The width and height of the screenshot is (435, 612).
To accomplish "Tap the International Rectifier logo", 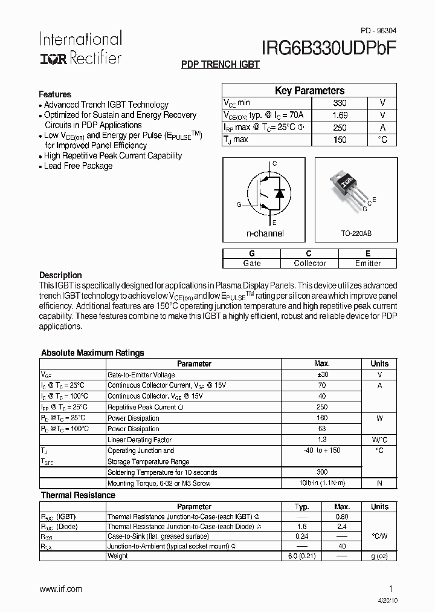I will (x=80, y=48).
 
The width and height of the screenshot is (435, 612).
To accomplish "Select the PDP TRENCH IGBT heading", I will (x=221, y=65).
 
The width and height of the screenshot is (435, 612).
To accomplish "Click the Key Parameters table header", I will (x=309, y=91).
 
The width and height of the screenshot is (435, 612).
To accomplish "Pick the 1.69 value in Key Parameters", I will (x=340, y=115).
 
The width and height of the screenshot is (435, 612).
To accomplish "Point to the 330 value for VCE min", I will (x=340, y=103).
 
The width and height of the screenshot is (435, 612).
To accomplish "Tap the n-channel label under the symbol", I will (x=265, y=233).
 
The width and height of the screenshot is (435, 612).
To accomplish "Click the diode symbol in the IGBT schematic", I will (x=279, y=192).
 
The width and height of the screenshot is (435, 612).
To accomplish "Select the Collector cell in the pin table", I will (x=309, y=263).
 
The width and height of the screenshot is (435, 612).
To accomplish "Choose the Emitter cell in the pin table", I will (x=368, y=263).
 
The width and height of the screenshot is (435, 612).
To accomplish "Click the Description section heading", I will (x=60, y=275).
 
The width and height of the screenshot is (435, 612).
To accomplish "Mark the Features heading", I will (x=55, y=94).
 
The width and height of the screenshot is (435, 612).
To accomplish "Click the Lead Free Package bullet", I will (x=78, y=166).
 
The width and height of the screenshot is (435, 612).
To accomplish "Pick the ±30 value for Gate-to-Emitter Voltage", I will (x=321, y=375).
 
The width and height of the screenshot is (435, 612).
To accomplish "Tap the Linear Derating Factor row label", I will (x=140, y=440).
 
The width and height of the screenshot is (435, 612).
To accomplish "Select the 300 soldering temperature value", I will (x=321, y=472).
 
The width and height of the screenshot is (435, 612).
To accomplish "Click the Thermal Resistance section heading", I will (x=78, y=495).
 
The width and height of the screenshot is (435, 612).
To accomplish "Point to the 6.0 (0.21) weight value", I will (x=301, y=556).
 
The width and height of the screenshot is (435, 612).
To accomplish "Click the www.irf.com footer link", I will (x=60, y=589).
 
